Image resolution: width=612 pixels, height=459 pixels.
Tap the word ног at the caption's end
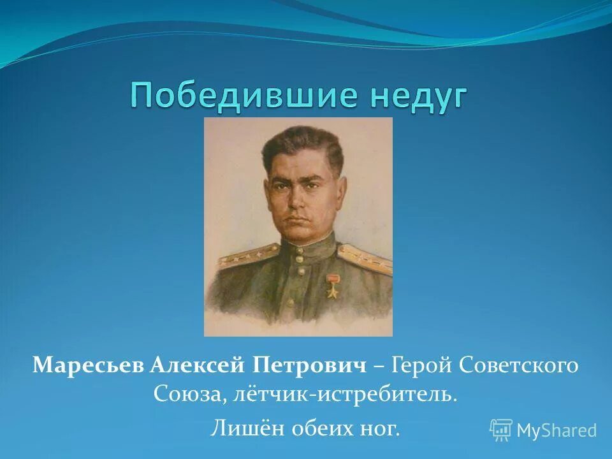point(380,428)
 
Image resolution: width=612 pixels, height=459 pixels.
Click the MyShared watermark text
point(556,431)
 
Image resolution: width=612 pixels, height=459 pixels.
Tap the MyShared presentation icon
point(501,430)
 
